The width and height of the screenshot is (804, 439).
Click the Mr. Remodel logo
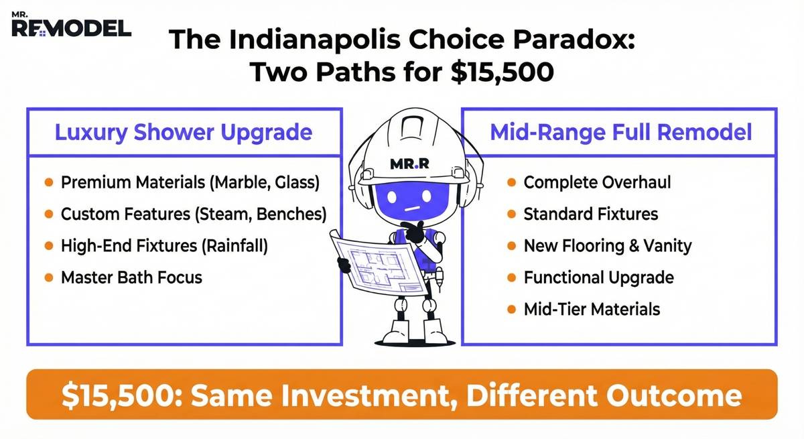[x=71, y=25]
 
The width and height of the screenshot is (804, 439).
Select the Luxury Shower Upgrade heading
[x=183, y=132]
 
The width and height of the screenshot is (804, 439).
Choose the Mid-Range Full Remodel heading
[x=620, y=132]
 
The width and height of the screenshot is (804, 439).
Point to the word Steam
[x=232, y=214]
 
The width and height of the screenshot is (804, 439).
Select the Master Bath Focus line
[x=131, y=277]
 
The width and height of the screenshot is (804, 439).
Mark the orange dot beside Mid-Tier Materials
[x=511, y=309]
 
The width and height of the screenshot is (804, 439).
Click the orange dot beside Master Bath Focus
[x=49, y=277]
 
